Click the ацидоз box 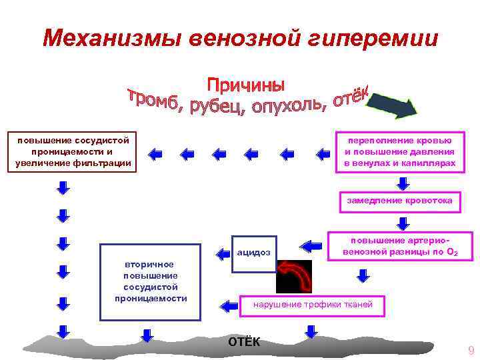click(254, 252)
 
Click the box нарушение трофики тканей click(317, 305)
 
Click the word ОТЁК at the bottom click(245, 342)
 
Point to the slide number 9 click(471, 351)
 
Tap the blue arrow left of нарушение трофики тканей click(229, 305)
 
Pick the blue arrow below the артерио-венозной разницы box click(363, 274)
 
